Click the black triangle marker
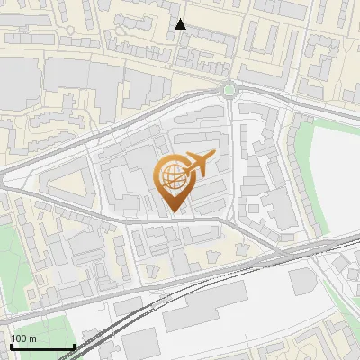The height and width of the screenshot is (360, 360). pos(181,24)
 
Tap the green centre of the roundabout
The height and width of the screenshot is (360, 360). pos(229,89)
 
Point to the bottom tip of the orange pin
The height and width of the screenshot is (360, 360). pos(173,211)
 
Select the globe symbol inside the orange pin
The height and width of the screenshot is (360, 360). pos(173,176)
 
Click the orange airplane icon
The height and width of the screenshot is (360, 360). pos(198,165)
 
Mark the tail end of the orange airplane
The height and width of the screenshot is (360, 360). pos(184,174)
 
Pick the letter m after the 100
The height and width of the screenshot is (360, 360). pos(33,338)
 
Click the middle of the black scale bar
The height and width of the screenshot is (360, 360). pos(41,346)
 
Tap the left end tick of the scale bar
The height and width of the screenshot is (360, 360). pos(10,345)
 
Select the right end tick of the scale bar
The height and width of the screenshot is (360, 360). pos(73,345)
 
